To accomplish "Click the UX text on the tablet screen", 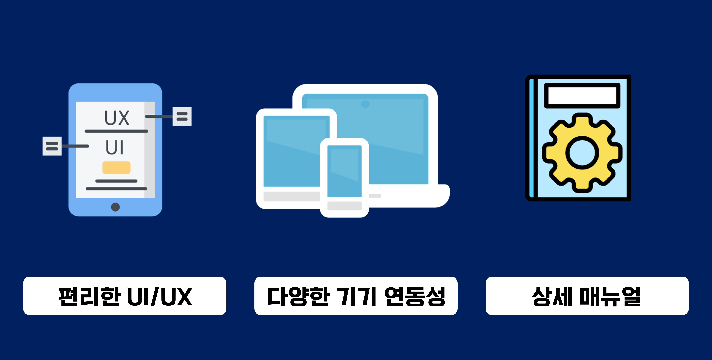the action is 117,118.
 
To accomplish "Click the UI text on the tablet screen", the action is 114,147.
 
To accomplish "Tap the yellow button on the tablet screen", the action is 116,167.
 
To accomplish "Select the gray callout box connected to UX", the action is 182,116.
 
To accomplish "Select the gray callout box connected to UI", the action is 52,146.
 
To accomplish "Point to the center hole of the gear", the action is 582,153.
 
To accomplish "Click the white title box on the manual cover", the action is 582,95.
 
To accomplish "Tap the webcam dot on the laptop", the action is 365,104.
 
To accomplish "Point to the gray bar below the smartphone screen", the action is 344,206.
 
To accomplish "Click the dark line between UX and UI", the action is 116,131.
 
